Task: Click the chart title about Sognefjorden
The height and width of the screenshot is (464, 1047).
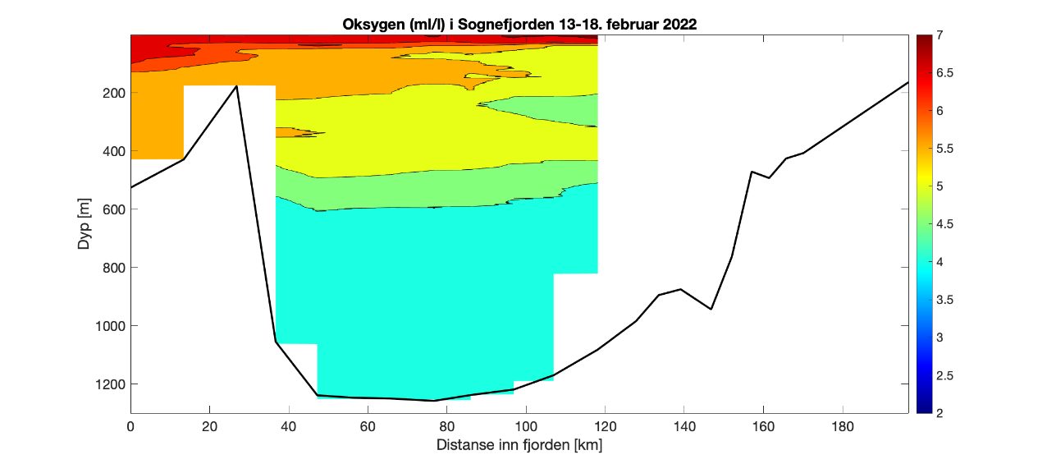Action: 519,24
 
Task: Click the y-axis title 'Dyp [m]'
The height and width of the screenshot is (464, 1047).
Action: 85,224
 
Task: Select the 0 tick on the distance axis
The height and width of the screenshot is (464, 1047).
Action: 130,427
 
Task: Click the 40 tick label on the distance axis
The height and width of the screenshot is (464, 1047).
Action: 289,427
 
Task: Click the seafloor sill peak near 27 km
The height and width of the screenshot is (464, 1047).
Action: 237,85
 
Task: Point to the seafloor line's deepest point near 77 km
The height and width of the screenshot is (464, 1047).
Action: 435,401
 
